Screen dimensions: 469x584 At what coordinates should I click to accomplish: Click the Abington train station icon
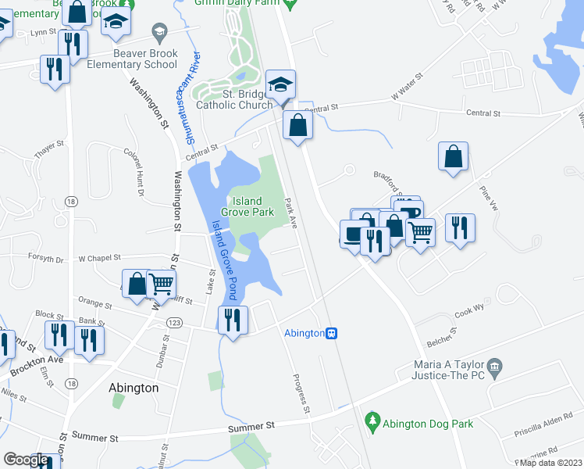(332, 333)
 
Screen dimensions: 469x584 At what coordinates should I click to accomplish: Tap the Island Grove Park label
(247, 206)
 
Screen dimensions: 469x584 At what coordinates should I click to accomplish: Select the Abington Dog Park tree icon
(373, 421)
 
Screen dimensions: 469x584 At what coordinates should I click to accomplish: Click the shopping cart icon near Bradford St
(421, 231)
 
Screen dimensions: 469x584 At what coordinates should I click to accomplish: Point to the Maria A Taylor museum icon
(493, 367)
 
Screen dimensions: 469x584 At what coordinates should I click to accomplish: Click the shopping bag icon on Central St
(298, 124)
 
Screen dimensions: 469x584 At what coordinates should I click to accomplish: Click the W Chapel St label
(100, 257)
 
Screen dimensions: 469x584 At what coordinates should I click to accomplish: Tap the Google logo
(26, 460)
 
